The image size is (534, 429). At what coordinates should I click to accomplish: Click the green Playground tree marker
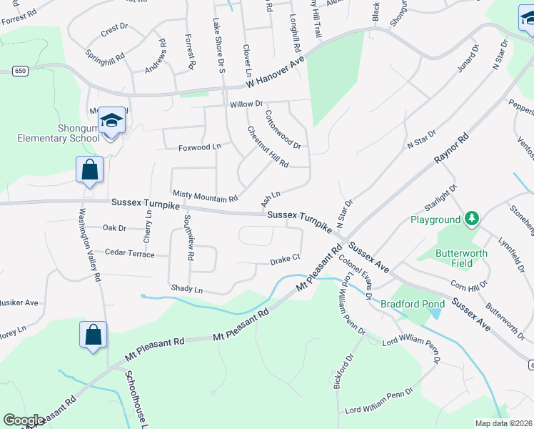tap(471, 217)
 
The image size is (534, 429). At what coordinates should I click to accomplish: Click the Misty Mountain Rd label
tap(205, 194)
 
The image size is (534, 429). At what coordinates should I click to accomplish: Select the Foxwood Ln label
tap(199, 147)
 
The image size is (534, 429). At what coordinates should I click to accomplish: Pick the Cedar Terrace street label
tap(129, 252)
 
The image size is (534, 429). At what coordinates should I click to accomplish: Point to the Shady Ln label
tap(186, 290)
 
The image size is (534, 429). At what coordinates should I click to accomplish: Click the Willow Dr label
tap(246, 104)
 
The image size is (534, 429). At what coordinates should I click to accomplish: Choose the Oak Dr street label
tap(114, 228)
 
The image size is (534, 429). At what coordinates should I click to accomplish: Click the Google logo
tap(24, 420)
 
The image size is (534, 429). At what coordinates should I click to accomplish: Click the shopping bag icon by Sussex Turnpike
tap(89, 170)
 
